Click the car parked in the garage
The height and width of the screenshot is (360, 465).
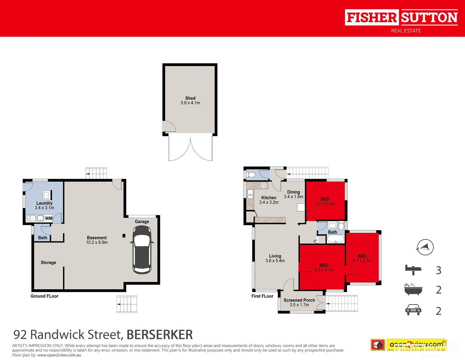tap(142, 250)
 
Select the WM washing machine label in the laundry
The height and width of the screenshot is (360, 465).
tap(49, 218)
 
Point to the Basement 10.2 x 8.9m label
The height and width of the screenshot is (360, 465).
tap(97, 240)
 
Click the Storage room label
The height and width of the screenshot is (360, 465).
tap(48, 263)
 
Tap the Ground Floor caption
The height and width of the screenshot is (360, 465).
tap(44, 296)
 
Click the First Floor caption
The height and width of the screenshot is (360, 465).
tap(262, 296)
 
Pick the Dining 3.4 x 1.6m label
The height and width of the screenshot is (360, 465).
tap(294, 194)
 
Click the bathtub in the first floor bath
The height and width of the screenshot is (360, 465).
tap(335, 239)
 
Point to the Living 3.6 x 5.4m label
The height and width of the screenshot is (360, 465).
tap(275, 258)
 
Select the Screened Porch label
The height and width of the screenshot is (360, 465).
tap(299, 302)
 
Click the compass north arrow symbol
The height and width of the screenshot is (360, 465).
tap(425, 247)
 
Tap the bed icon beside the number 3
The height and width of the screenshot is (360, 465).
tap(413, 270)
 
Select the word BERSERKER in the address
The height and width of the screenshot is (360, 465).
tap(160, 334)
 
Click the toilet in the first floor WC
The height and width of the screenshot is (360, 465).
tap(252, 175)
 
